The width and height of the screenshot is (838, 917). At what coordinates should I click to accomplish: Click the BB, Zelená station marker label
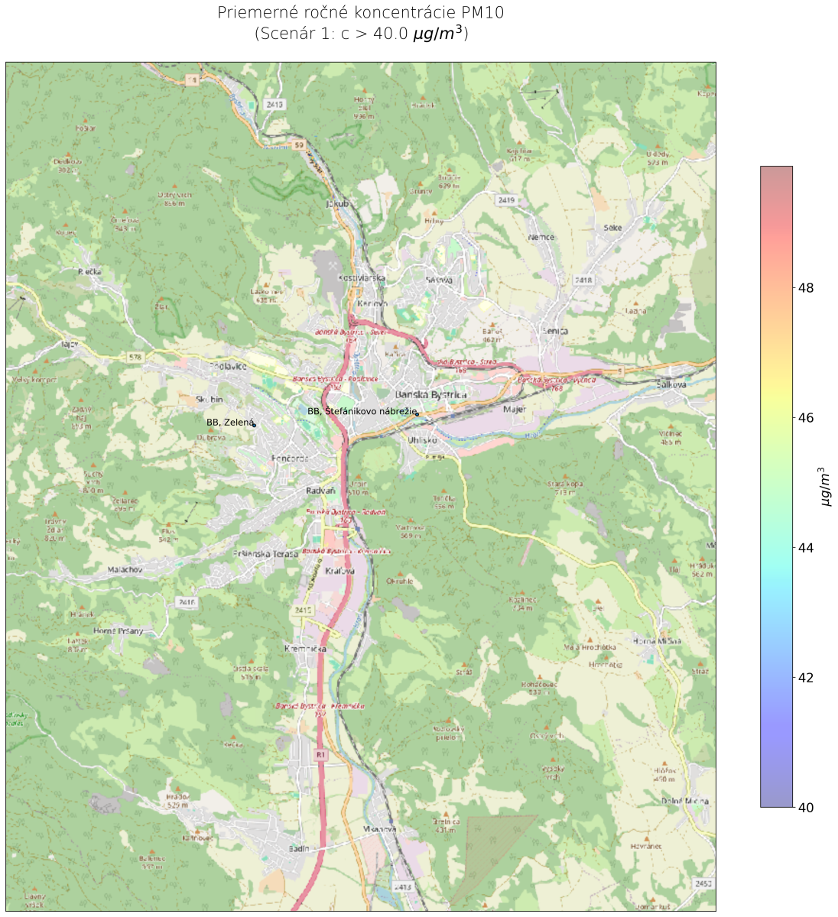[x=229, y=422]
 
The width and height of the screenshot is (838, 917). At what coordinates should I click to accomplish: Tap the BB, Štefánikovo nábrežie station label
[x=362, y=411]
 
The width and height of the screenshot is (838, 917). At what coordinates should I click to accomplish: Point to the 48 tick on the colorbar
[x=804, y=288]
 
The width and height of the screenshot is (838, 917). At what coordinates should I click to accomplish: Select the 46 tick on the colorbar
[x=804, y=418]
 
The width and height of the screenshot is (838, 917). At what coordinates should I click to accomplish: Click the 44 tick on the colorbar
[x=804, y=548]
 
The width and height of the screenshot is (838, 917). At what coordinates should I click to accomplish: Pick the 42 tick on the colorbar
[x=804, y=678]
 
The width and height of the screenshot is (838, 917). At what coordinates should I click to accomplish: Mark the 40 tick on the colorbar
[x=804, y=807]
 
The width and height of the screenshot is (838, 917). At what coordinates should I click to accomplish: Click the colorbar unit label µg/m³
[x=826, y=486]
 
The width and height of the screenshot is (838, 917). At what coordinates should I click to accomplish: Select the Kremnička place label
[x=305, y=649]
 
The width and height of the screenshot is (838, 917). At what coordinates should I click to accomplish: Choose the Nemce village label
[x=541, y=238]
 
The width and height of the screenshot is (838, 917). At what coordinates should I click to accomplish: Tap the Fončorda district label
[x=290, y=458]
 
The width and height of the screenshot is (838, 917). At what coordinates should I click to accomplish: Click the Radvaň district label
[x=321, y=491]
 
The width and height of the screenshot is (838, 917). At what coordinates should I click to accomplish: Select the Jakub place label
[x=337, y=204]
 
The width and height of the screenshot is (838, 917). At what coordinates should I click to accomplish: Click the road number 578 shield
[x=135, y=357]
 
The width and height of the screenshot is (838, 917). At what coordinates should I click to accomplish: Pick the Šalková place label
[x=671, y=384]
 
